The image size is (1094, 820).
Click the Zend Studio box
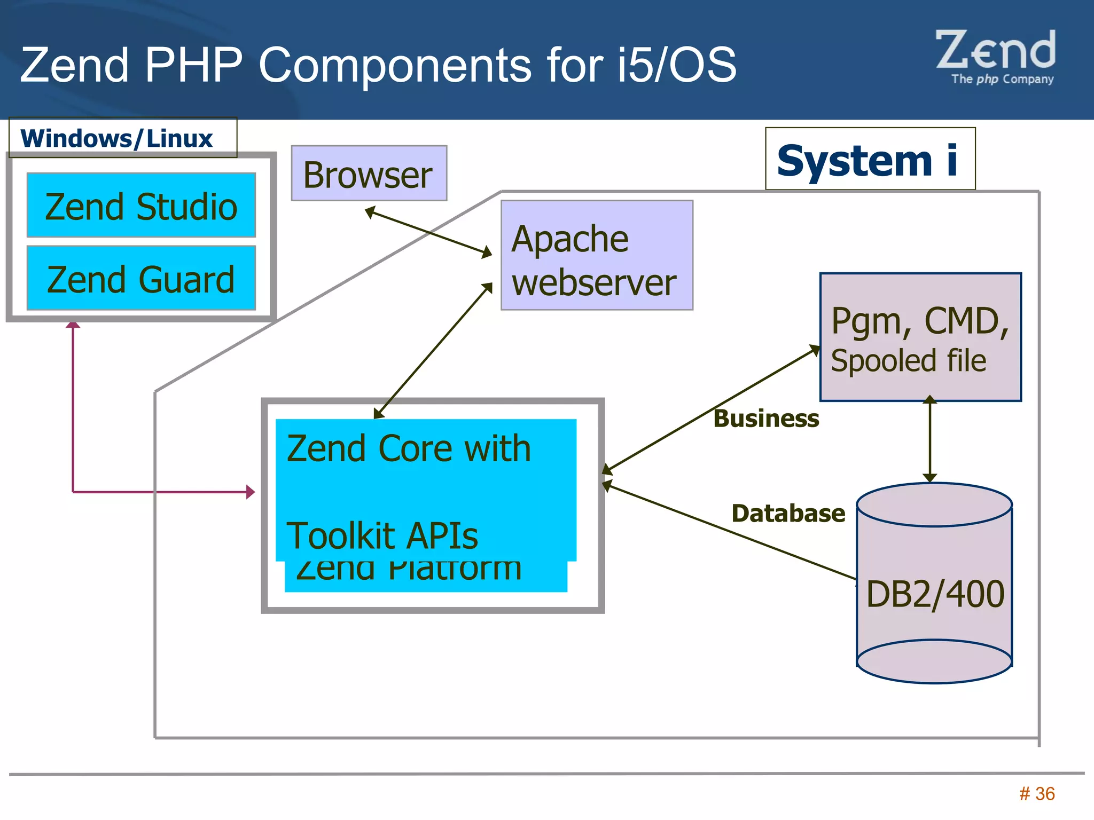pos(141,206)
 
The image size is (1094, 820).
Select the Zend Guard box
pos(141,278)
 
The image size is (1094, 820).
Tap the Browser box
pos(369,174)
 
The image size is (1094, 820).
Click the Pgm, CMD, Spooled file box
pos(920,338)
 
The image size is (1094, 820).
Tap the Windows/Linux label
pos(118,138)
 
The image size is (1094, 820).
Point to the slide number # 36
pos(1037,794)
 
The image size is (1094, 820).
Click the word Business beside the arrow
pos(766,419)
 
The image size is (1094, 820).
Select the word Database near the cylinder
pos(788,514)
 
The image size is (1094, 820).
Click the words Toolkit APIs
pos(382,535)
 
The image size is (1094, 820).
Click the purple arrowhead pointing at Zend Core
pos(250,492)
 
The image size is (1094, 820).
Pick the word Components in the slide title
pos(395,65)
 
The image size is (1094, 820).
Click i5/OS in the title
pos(676,65)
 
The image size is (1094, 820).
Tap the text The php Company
pos(1002,80)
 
